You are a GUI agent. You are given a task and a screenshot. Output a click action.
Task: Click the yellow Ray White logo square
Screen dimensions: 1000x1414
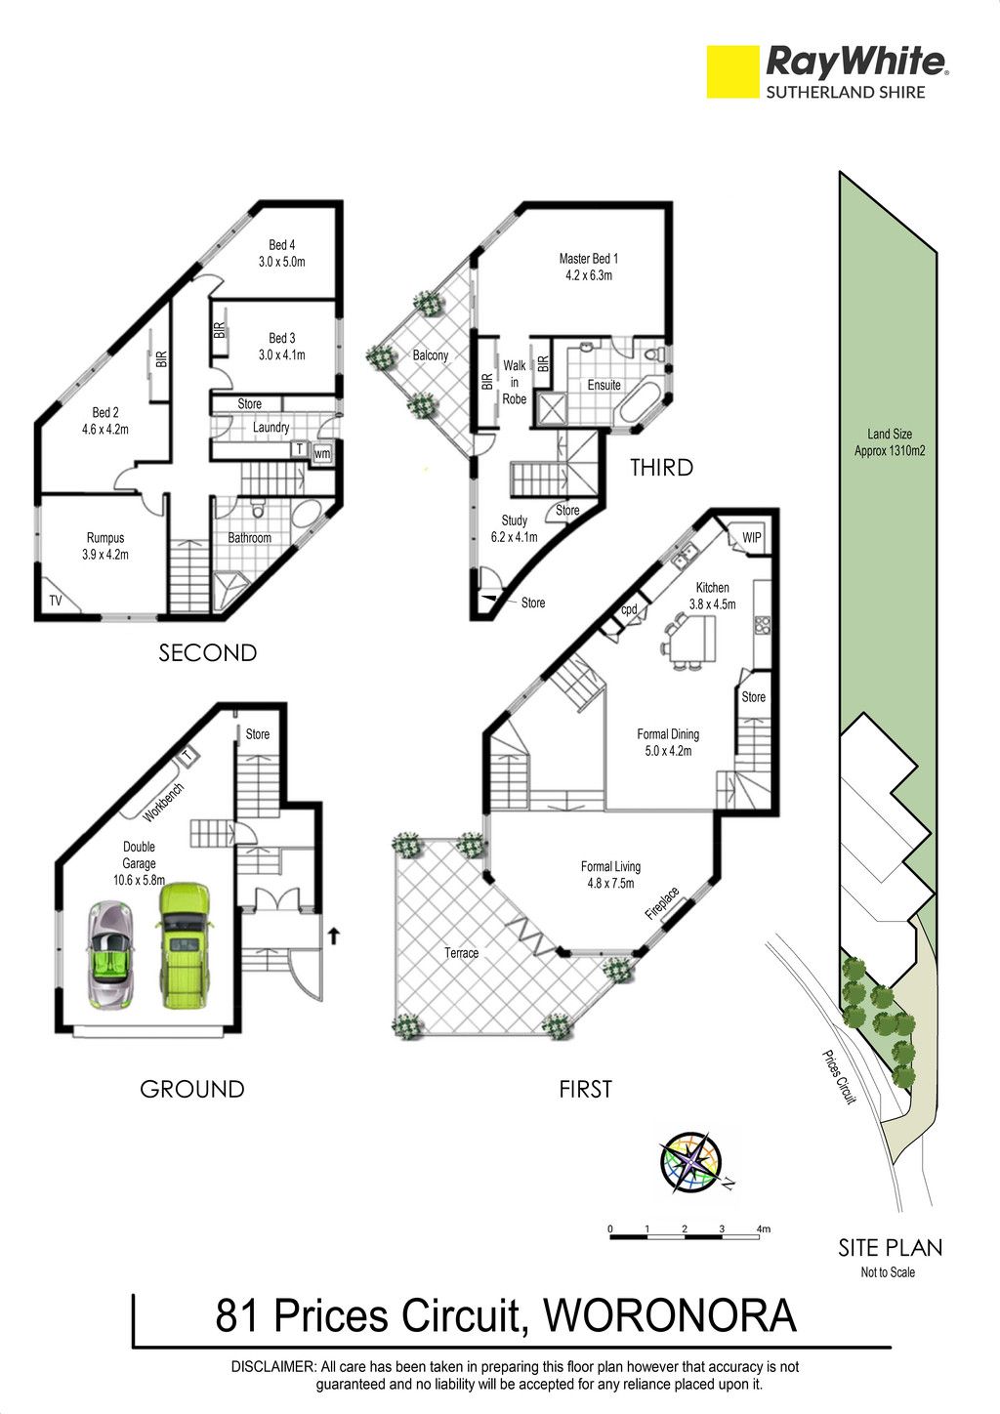coord(732,72)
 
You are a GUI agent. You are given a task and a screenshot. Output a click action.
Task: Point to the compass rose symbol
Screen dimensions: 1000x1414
coord(690,1163)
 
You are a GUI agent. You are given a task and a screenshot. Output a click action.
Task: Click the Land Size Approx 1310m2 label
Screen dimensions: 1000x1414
coord(889,442)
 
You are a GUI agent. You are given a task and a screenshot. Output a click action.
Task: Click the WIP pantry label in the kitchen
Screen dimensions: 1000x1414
coord(751,538)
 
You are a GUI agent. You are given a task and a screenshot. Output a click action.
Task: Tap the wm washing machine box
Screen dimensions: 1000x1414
coord(322,453)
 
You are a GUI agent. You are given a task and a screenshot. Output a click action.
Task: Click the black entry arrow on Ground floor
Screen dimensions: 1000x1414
coord(334,936)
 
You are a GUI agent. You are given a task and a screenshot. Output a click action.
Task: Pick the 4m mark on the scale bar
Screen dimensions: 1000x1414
coord(764,1229)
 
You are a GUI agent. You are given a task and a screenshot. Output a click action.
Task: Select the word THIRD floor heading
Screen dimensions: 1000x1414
coord(661,468)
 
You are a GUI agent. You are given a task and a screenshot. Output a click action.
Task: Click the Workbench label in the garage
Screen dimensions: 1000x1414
coord(163,803)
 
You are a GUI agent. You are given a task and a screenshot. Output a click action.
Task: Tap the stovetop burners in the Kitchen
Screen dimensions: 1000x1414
coord(761,624)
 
